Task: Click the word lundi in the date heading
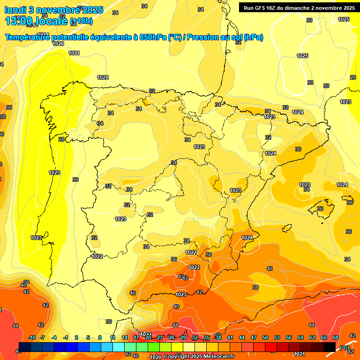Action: [18, 10]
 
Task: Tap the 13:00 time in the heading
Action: [19, 21]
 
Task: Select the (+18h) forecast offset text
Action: [81, 21]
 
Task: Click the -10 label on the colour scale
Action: [32, 337]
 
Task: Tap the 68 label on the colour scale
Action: [336, 337]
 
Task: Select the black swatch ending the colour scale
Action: [330, 347]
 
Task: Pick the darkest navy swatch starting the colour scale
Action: [25, 347]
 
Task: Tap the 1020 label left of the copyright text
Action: [156, 357]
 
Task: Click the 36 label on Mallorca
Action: [320, 209]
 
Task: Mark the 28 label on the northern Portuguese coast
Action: [61, 139]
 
